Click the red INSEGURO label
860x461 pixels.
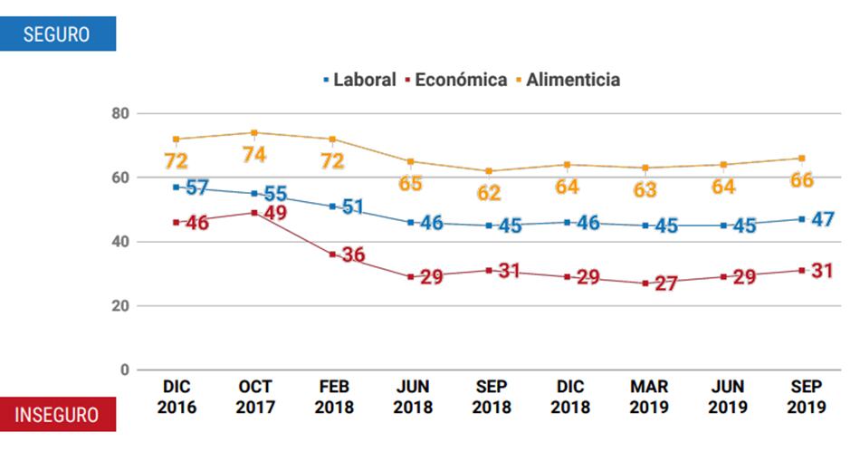tap(57, 415)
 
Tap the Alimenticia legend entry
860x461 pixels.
tap(569, 80)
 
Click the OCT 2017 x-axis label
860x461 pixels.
tap(255, 398)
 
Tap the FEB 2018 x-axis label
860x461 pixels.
tap(333, 398)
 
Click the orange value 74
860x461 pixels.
tap(254, 155)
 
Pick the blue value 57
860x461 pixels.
tap(196, 188)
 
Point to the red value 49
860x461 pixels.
tap(274, 214)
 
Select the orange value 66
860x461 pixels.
tap(801, 180)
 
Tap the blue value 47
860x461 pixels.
tap(823, 219)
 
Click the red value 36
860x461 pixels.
tap(352, 255)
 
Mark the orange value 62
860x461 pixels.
tap(489, 193)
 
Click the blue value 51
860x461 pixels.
tap(352, 207)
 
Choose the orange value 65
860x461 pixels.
tap(410, 183)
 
